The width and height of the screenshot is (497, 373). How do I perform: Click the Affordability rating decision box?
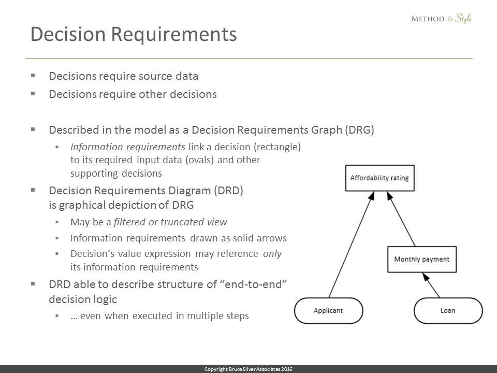pyautogui.click(x=379, y=178)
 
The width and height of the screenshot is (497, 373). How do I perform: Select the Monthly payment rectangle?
pyautogui.click(x=422, y=259)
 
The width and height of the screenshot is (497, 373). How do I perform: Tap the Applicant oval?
pyautogui.click(x=328, y=310)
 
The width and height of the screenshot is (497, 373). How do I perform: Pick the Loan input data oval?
pyautogui.click(x=448, y=310)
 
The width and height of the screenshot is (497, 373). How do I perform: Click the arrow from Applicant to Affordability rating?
pyautogui.click(x=352, y=245)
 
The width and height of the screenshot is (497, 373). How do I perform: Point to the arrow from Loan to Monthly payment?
pyautogui.click(x=431, y=285)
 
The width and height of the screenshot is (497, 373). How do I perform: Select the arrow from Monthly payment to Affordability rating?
pyautogui.click(x=401, y=219)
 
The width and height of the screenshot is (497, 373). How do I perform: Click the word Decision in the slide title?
pyautogui.click(x=68, y=34)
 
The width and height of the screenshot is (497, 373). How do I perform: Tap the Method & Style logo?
pyautogui.click(x=441, y=19)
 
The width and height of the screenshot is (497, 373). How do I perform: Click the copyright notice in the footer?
pyautogui.click(x=248, y=369)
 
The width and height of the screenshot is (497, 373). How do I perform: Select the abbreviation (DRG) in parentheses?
pyautogui.click(x=359, y=130)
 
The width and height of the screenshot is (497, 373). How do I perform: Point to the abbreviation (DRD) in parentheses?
pyautogui.click(x=228, y=191)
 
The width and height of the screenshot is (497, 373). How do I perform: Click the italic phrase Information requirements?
pyautogui.click(x=128, y=147)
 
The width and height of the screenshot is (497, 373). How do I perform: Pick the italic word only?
pyautogui.click(x=272, y=254)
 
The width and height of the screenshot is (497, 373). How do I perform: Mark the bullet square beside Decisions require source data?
pyautogui.click(x=33, y=76)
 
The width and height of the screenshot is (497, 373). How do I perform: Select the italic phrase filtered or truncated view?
pyautogui.click(x=170, y=222)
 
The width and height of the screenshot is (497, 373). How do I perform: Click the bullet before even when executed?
pyautogui.click(x=57, y=316)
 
